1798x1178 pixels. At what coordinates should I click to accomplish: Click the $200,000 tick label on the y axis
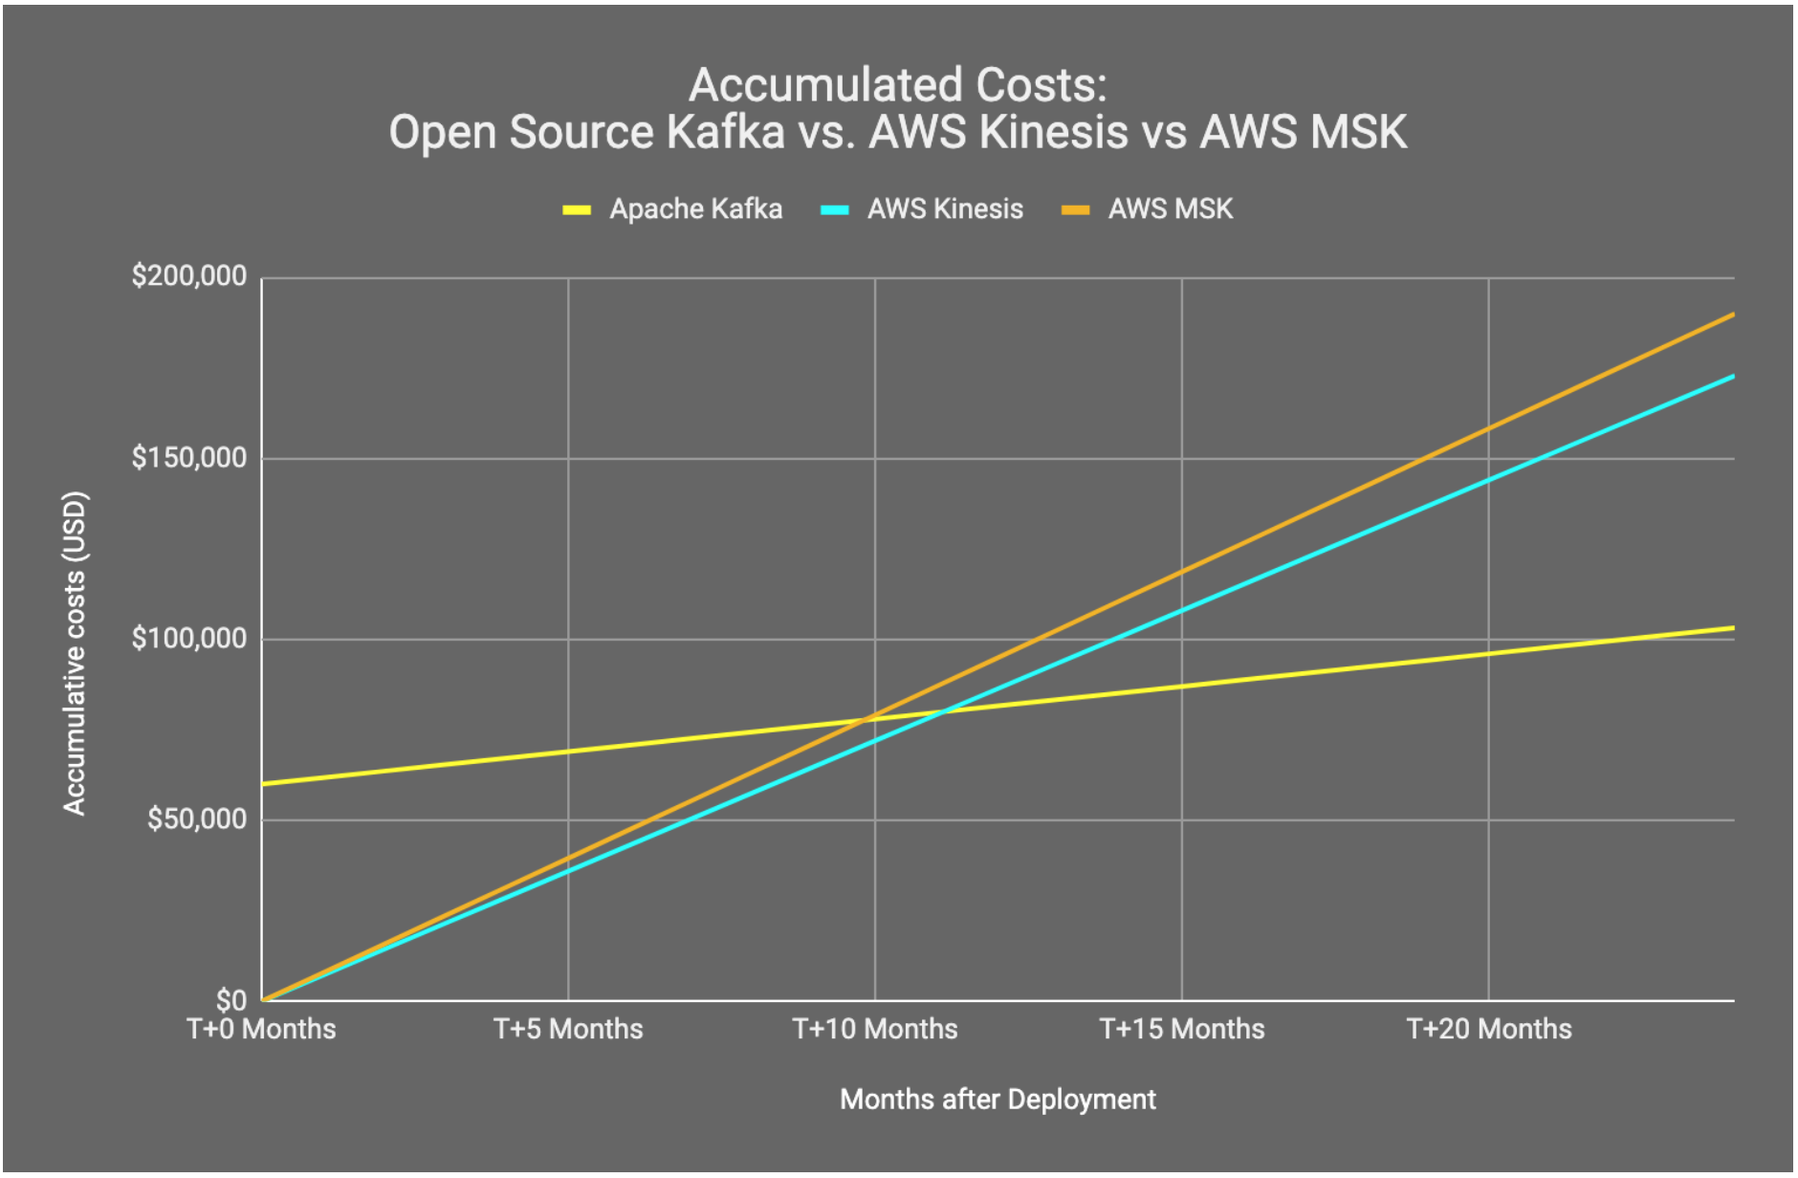(x=188, y=276)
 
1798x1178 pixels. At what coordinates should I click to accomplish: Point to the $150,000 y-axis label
(x=188, y=458)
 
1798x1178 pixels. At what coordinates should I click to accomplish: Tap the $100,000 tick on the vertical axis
(x=188, y=638)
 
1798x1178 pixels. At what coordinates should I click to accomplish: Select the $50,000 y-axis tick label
(x=196, y=818)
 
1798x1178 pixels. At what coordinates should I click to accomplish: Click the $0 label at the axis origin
(x=230, y=999)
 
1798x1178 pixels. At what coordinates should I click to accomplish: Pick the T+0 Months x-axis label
(x=261, y=1029)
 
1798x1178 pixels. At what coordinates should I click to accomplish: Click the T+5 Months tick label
(x=568, y=1029)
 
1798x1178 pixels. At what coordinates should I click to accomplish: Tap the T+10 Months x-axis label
(x=875, y=1029)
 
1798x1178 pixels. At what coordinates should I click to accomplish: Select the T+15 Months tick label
(x=1182, y=1029)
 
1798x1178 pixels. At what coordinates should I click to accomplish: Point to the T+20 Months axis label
(x=1489, y=1029)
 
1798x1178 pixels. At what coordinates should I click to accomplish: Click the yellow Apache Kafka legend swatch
(x=577, y=209)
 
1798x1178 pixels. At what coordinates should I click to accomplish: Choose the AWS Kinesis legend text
(x=945, y=209)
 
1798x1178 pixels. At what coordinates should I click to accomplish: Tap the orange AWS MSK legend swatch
(x=1075, y=209)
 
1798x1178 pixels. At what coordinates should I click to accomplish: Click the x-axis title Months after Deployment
(x=998, y=1100)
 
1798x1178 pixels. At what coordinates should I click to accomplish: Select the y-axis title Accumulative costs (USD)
(x=75, y=653)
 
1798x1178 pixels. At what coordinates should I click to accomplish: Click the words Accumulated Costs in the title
(x=897, y=85)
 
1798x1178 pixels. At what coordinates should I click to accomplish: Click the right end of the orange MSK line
(x=1732, y=315)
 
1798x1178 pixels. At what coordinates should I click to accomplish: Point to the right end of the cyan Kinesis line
(x=1732, y=377)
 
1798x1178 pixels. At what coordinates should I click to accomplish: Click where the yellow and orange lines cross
(x=868, y=718)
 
